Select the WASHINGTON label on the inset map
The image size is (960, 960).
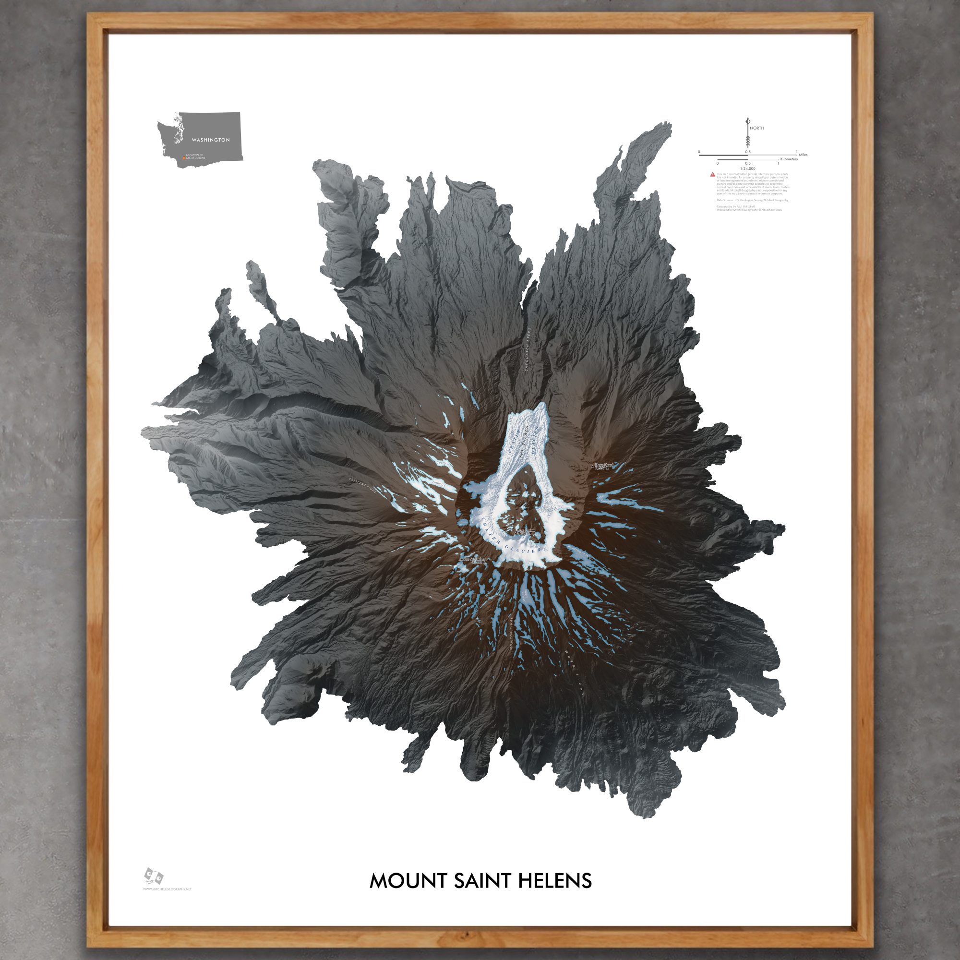tap(211, 140)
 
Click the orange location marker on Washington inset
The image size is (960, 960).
tap(184, 158)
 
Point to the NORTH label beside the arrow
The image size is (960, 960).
tap(757, 128)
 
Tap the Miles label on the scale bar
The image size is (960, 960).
tap(803, 155)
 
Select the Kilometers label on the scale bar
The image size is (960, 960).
tap(789, 159)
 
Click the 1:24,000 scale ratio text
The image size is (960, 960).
tap(747, 168)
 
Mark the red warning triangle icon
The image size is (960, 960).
tap(712, 174)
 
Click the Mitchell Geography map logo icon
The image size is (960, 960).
tap(154, 876)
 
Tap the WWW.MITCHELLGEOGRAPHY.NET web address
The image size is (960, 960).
tap(167, 889)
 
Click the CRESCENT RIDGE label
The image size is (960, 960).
tap(363, 484)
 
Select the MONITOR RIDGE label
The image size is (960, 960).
tap(512, 634)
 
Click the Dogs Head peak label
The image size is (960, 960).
tap(604, 467)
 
